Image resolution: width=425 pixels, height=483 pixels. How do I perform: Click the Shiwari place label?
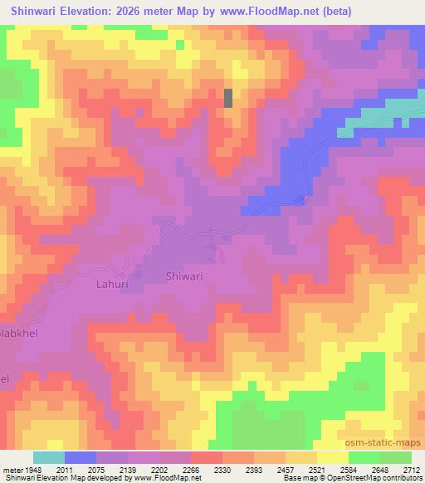184,276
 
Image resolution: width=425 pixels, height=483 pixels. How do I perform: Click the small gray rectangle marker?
228,97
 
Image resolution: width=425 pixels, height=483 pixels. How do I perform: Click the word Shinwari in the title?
39,12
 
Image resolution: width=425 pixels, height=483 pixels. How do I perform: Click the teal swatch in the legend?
49,457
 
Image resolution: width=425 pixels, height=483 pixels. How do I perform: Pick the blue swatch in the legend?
81,457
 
